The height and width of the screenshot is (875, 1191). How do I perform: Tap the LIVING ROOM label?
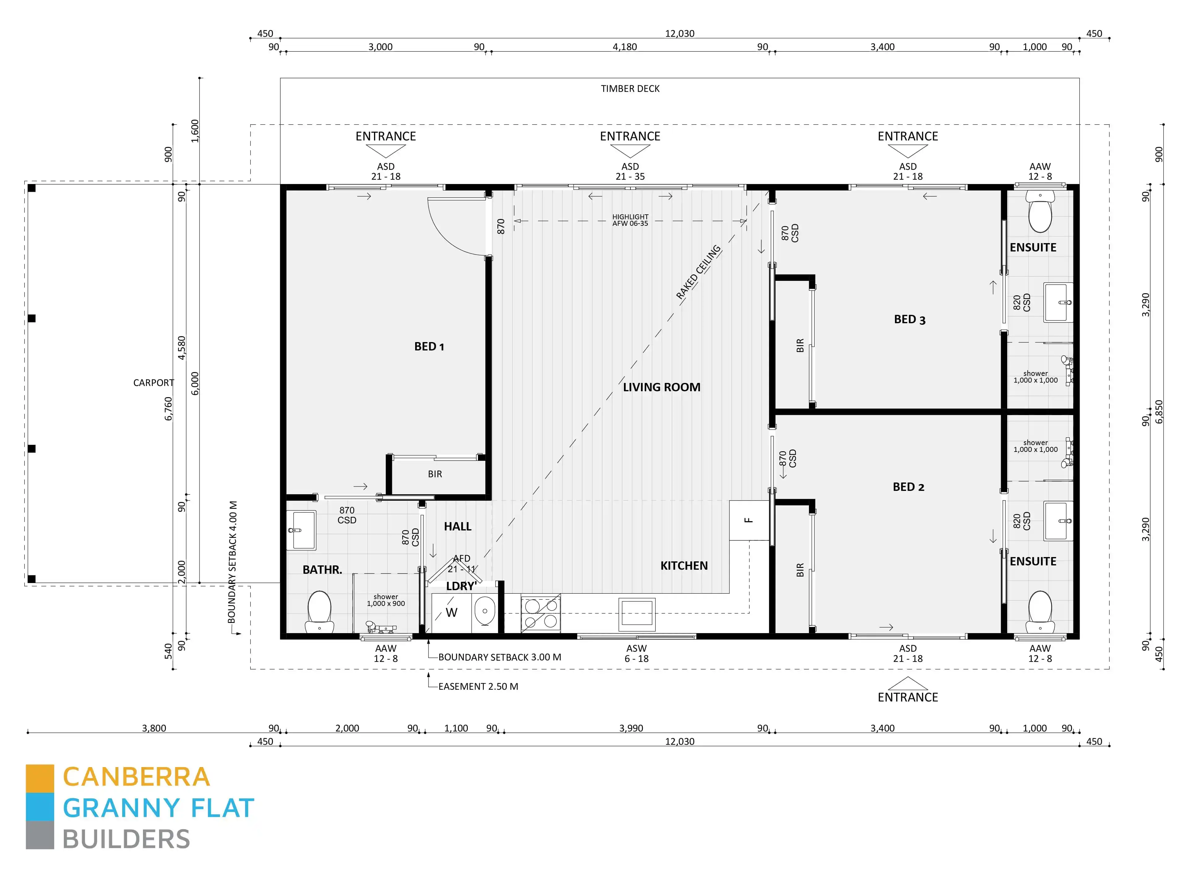661,387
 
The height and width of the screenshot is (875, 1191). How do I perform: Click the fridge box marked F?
749,520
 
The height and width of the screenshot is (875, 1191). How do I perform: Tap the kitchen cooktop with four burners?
540,613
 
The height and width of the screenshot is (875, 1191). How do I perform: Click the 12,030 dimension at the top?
679,33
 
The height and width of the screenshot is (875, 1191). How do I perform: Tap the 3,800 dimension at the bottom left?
154,728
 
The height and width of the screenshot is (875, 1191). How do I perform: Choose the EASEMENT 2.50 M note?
478,686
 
